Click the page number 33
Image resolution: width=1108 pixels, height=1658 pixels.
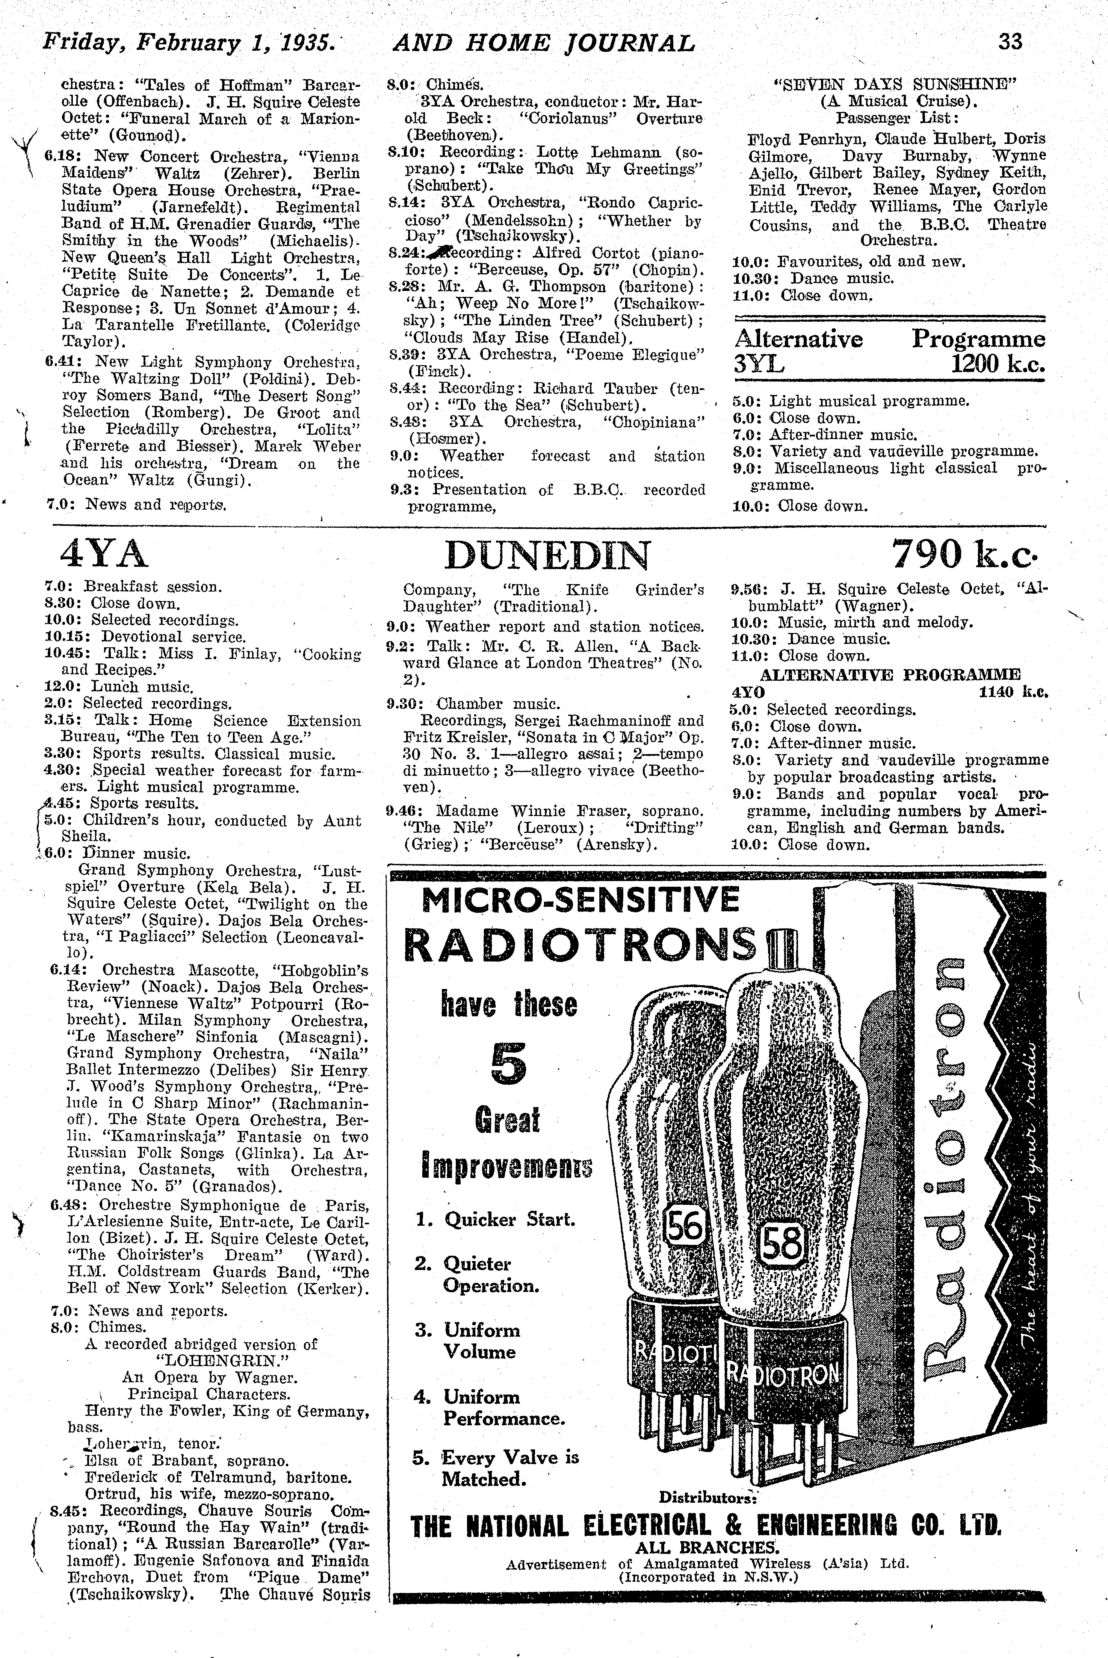pos(1010,42)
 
